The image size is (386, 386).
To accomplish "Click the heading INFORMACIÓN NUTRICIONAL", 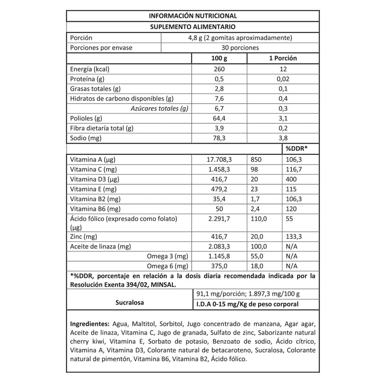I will pos(193,16).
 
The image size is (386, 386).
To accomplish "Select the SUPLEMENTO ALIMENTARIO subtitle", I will pos(193,27).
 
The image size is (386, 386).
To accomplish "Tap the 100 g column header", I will pos(219,58).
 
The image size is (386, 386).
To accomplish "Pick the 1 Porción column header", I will pos(282,58).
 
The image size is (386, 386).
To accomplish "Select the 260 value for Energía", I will pos(219,69).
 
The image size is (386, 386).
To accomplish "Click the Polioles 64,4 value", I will pos(219,118).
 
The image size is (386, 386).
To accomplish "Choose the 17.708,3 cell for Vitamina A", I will pos(219,159).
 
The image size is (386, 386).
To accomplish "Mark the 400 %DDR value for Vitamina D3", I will pos(290,179).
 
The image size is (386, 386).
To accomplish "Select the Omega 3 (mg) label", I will pos(167,256).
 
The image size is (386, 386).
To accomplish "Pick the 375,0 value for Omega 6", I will pos(219,266).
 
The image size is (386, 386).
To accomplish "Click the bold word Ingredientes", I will pos(90,323).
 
